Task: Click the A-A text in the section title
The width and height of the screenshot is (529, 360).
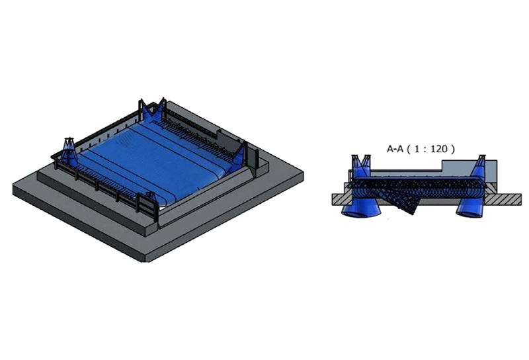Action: pyautogui.click(x=395, y=149)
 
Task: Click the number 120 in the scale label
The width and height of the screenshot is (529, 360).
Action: pyautogui.click(x=438, y=149)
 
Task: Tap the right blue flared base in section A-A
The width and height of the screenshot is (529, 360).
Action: pyautogui.click(x=469, y=208)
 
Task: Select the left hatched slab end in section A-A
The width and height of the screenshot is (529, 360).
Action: pyautogui.click(x=342, y=199)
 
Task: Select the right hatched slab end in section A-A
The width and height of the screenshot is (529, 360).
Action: pyautogui.click(x=503, y=199)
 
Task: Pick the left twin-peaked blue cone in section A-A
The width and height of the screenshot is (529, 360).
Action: pyautogui.click(x=361, y=167)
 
